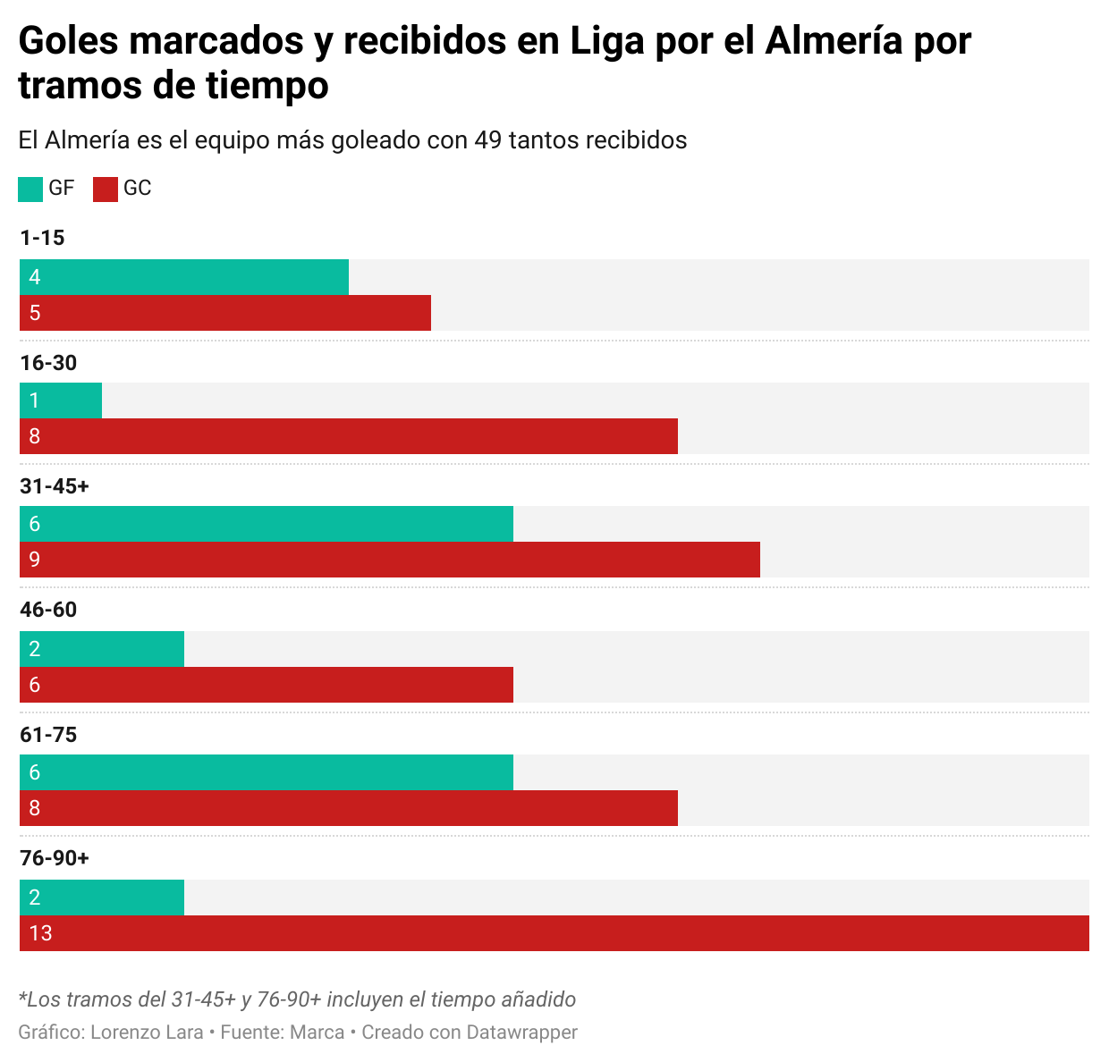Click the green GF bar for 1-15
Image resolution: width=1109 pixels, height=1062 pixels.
183,277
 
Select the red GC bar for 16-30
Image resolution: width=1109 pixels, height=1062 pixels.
349,436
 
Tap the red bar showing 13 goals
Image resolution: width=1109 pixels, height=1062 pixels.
554,933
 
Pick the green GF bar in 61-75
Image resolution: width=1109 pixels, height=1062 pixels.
267,772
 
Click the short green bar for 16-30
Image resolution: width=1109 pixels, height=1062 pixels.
61,400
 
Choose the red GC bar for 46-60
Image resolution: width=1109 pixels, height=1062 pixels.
267,685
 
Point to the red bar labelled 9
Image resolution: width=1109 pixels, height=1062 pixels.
390,560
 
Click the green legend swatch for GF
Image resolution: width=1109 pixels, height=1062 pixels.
30,190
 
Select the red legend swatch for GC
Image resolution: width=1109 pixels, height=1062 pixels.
106,190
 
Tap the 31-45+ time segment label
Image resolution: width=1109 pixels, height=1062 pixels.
55,486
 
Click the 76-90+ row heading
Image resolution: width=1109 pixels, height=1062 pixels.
55,858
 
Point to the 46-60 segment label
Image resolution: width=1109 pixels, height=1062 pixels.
48,610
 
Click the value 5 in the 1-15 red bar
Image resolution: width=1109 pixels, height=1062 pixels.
35,313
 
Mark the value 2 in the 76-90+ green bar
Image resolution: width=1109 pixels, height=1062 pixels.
35,898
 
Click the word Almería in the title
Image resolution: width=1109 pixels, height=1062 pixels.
834,41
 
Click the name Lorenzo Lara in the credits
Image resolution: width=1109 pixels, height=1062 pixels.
147,1032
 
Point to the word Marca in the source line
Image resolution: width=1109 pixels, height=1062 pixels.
317,1032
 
